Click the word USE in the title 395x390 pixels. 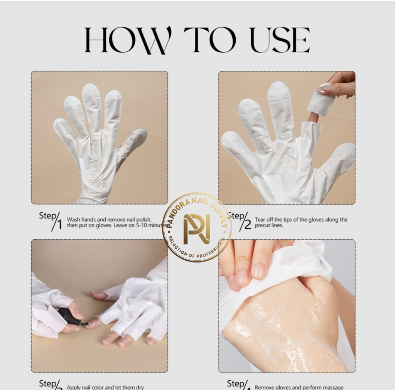(280, 40)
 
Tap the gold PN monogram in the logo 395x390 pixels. (197, 229)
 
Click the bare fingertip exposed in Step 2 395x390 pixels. (313, 117)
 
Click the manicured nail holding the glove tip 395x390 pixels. (324, 90)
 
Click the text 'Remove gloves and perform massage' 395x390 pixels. (299, 387)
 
